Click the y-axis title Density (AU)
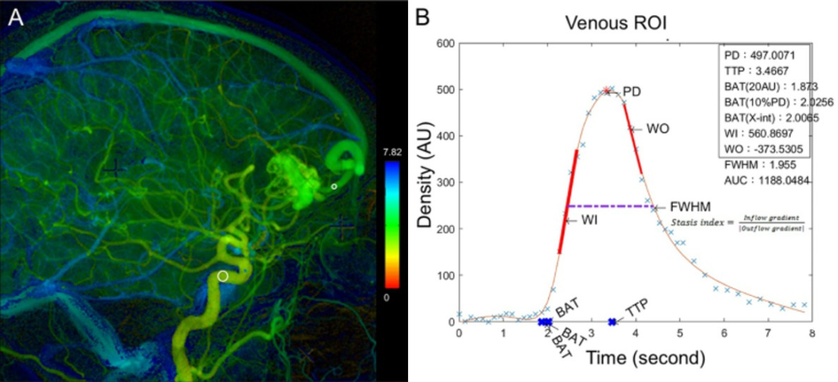[424, 184]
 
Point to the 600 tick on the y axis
[443, 43]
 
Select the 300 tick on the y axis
[443, 183]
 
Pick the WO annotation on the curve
[658, 128]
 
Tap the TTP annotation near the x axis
[638, 307]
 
